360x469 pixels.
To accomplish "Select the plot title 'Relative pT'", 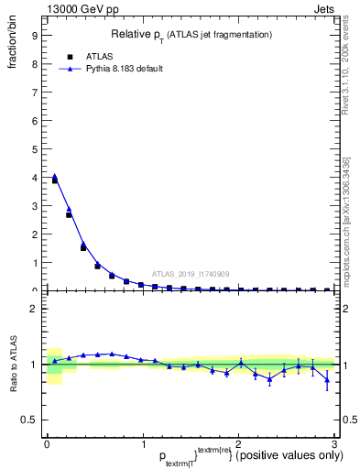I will click(135, 34).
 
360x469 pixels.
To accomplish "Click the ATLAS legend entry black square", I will click(70, 56).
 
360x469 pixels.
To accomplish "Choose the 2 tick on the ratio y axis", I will click(33, 309).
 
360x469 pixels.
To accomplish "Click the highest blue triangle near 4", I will click(54, 176).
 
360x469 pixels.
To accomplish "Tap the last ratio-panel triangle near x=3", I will click(327, 377).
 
